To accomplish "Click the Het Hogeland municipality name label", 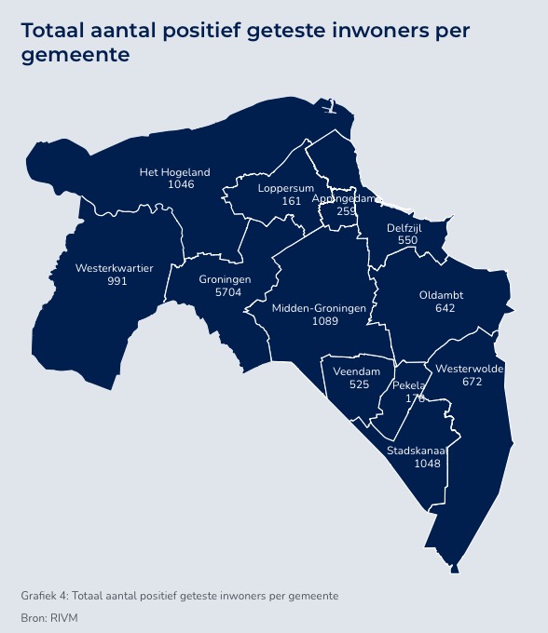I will pos(174,172).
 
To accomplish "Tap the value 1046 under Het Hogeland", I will pos(181,184).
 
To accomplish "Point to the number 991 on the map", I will pos(116,280).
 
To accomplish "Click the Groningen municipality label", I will pos(225,279).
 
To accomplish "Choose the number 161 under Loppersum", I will pos(292,201).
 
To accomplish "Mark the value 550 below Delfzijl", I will pos(407,240).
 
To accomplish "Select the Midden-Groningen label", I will pos(319,308).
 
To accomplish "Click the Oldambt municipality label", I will pos(441,295).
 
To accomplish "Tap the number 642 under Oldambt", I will pos(445,307).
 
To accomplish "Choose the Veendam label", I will pos(358,371).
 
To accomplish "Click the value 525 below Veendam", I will pos(359,384).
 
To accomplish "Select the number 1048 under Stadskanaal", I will pos(427,464).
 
